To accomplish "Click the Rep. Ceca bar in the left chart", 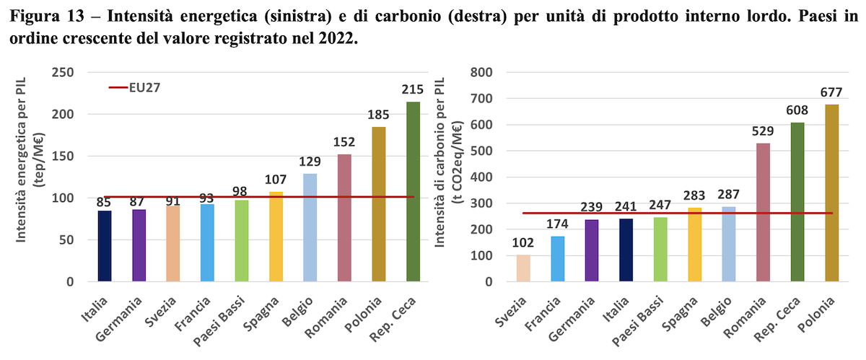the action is click(x=413, y=191).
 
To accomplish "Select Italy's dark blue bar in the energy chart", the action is click(x=105, y=246).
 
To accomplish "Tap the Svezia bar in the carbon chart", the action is click(x=523, y=268).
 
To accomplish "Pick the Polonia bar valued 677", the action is click(x=832, y=193).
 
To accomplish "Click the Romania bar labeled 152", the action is click(x=344, y=218).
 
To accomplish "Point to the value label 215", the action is click(x=413, y=89).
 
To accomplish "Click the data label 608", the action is click(x=797, y=110).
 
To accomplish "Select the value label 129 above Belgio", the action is click(x=310, y=162).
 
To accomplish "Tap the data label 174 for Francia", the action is click(x=557, y=224).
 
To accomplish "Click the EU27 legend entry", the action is click(x=134, y=88).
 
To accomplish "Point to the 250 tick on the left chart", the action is click(x=63, y=72).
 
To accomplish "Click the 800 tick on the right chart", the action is click(x=481, y=72).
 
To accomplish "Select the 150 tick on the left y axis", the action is click(x=63, y=157).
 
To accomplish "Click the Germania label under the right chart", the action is click(x=572, y=320).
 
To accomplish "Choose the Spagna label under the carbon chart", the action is click(x=680, y=314).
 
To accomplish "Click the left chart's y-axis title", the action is click(x=30, y=159).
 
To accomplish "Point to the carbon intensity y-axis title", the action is click(x=448, y=162).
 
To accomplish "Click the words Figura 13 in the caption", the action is click(x=47, y=17).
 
